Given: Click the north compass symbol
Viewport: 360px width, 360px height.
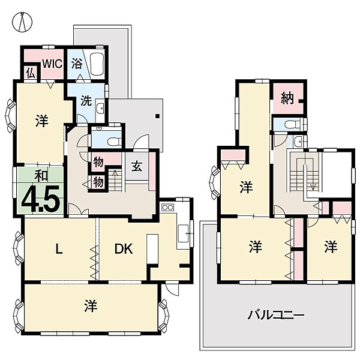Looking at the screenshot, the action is (22, 22).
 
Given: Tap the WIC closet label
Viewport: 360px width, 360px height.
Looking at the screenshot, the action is (52, 64).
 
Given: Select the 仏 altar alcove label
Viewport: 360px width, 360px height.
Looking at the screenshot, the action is (31, 73).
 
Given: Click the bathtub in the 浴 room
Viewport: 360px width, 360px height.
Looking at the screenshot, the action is (97, 64).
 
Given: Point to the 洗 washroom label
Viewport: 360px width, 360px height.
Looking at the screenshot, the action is (86, 101).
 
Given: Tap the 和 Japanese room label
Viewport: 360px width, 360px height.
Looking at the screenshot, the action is (41, 176).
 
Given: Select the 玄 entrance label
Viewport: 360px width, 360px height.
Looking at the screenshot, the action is (137, 166).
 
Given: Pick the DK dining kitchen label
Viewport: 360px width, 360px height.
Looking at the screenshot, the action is (124, 248).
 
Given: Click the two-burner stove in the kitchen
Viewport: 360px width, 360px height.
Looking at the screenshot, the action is (167, 208).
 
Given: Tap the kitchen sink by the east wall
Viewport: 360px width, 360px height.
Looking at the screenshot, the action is (184, 233).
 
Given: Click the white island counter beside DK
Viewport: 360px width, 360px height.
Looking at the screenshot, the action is (152, 249).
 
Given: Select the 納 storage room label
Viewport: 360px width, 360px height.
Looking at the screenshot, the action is (287, 98).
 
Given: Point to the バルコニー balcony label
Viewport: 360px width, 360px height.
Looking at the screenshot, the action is (276, 315).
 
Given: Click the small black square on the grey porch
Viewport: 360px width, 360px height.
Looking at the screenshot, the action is (157, 116).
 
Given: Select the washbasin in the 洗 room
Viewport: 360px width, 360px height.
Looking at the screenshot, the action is (100, 108).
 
